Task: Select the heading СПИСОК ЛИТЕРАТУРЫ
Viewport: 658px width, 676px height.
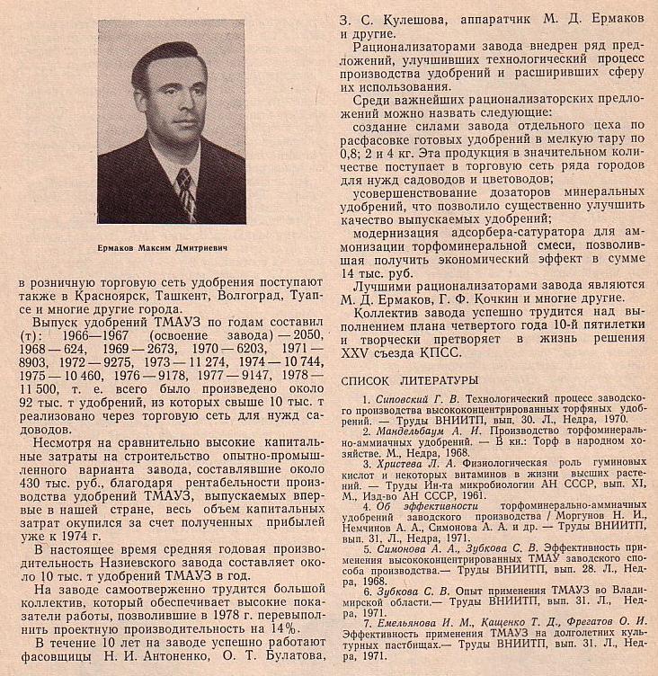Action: point(409,380)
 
